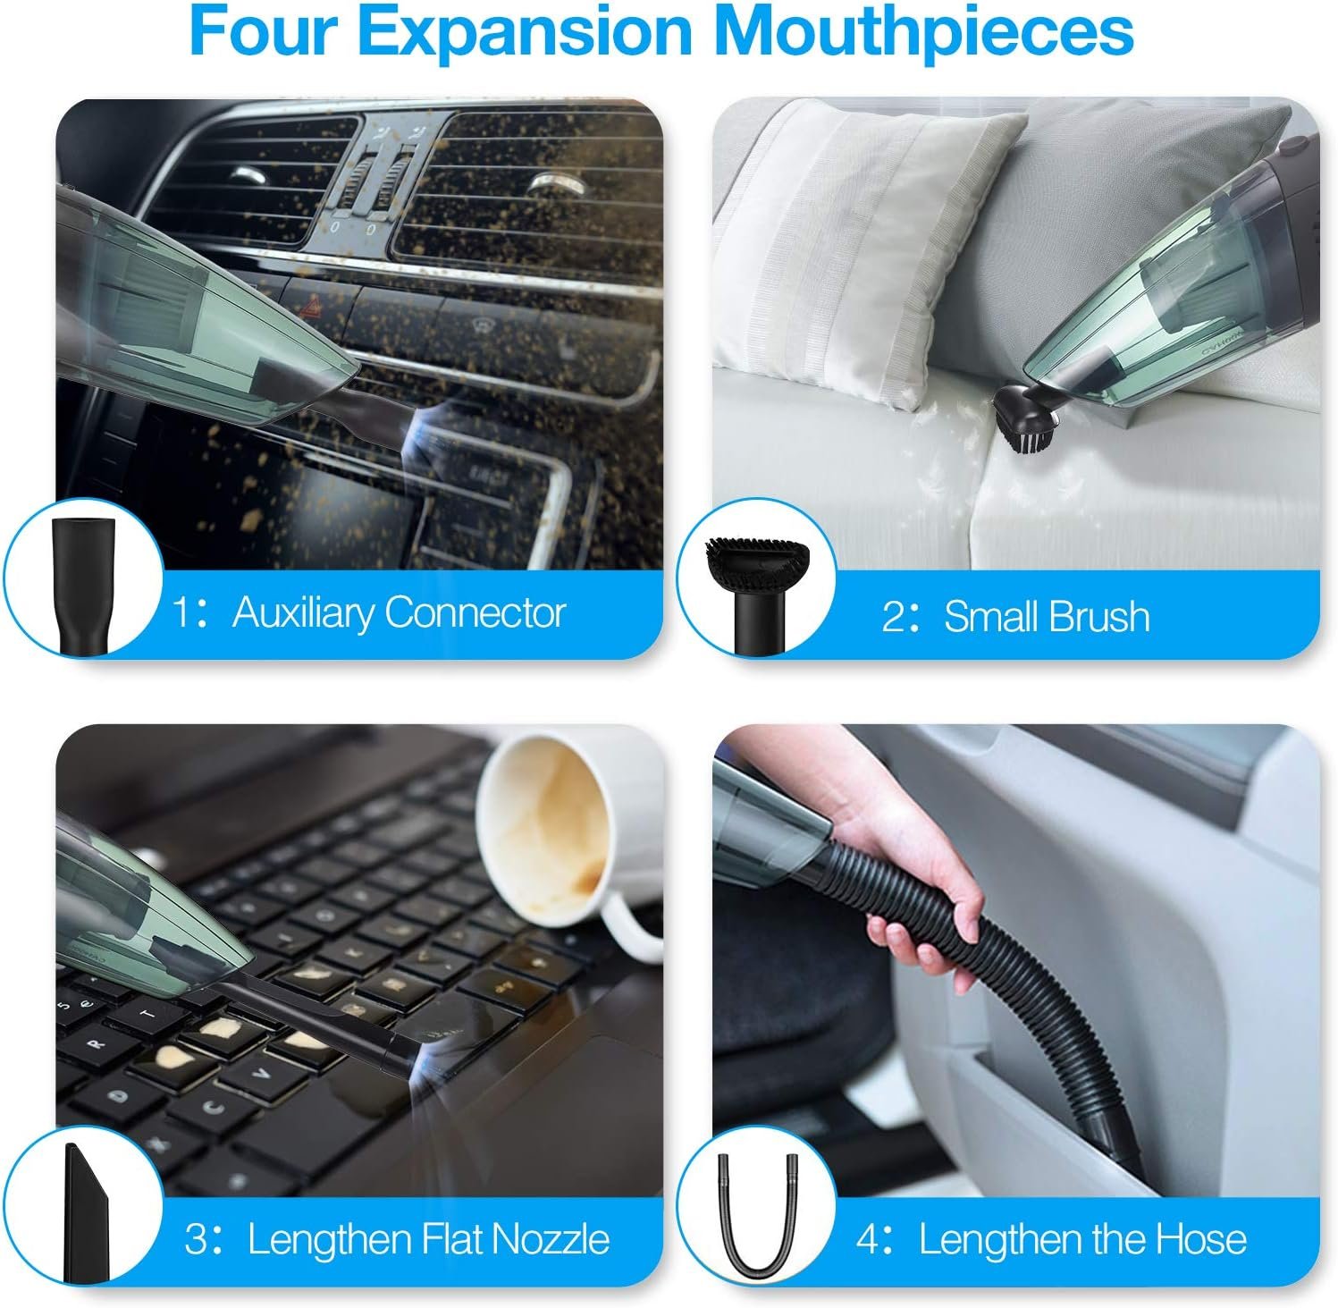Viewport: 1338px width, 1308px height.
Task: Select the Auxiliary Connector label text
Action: pos(399,613)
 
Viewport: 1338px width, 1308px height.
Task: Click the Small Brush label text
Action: pos(1047,617)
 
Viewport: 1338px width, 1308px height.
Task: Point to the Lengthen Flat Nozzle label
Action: pos(428,1239)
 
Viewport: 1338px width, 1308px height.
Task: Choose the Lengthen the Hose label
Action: pos(1082,1239)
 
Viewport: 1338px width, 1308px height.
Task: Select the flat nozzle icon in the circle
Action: pos(84,1211)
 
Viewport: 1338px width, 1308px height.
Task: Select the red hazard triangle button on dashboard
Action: pos(309,309)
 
